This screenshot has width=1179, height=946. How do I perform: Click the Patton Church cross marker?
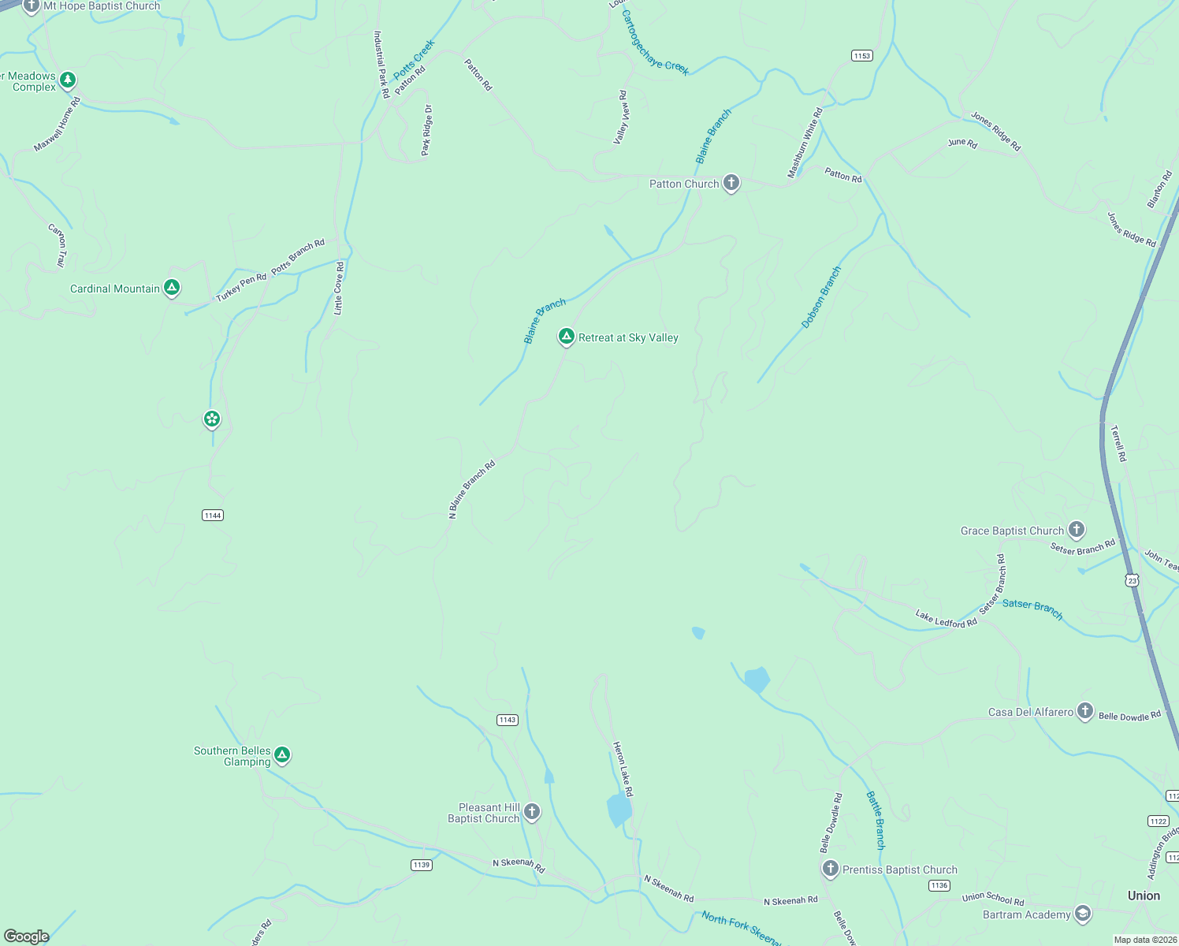point(731,184)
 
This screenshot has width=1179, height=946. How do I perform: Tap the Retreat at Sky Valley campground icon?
point(566,337)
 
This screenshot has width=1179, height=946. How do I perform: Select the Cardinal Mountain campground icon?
point(172,288)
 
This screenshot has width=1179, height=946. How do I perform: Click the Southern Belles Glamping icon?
point(282,755)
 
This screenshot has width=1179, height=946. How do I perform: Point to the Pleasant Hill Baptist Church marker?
point(532,812)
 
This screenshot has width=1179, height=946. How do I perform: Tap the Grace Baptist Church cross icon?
point(1077,530)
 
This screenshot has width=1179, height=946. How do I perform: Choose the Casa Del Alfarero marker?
point(1085,711)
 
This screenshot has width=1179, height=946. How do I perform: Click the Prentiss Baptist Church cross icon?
point(830,869)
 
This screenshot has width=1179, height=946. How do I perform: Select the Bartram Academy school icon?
point(1083,914)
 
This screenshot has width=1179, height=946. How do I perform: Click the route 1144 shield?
point(213,516)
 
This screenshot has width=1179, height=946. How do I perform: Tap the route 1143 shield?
point(508,720)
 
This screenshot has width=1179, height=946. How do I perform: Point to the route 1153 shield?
point(862,55)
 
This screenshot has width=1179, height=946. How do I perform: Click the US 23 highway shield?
point(1133,579)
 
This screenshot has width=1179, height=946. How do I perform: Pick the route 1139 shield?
point(422,865)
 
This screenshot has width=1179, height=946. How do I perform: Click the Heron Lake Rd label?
point(623,769)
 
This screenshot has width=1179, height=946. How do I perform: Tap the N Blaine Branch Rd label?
point(472,490)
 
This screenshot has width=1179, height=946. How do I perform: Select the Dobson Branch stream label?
point(821,297)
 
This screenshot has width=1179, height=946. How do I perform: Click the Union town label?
point(1144,896)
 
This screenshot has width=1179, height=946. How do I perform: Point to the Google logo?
point(27,936)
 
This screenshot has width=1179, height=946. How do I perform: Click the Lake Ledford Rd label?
point(946,618)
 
